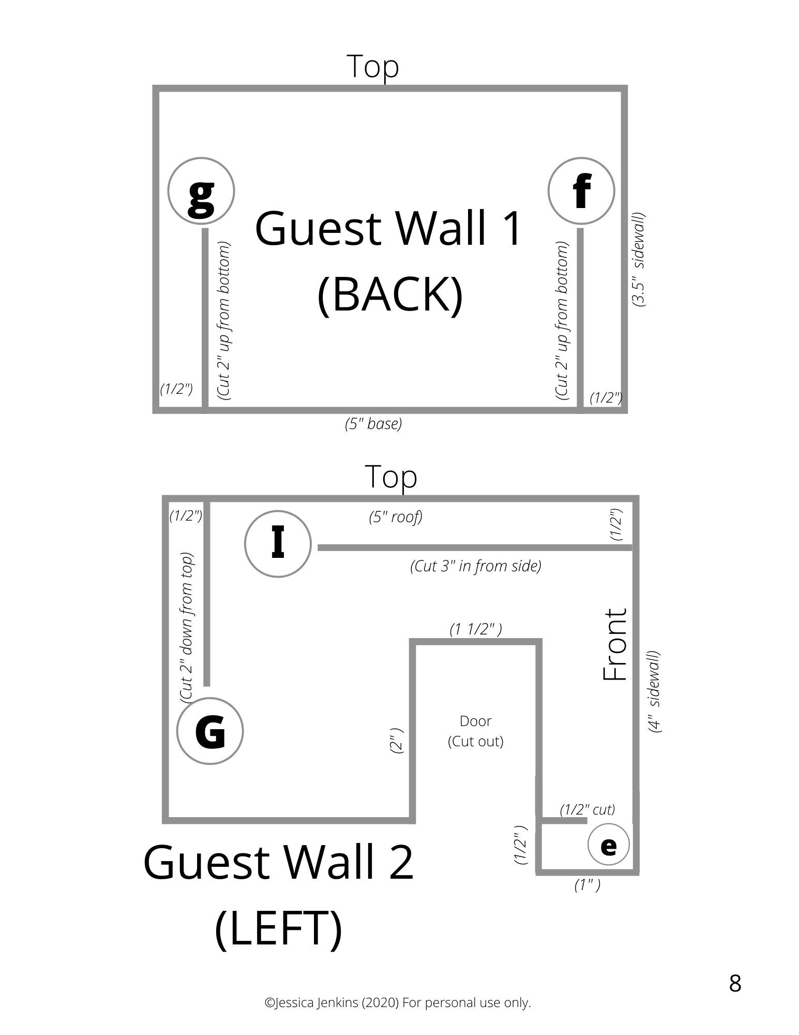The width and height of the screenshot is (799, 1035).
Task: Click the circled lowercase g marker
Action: [x=201, y=191]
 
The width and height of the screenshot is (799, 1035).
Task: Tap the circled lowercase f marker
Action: [x=581, y=191]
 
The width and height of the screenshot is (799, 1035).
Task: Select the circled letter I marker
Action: [x=278, y=544]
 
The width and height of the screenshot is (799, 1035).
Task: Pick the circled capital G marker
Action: [x=210, y=731]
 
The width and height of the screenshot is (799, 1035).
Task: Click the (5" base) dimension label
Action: [x=373, y=424]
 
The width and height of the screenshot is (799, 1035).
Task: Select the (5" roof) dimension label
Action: [x=396, y=516]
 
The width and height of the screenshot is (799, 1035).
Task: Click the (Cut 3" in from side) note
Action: [x=476, y=566]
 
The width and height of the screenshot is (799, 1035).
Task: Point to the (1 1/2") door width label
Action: [x=476, y=629]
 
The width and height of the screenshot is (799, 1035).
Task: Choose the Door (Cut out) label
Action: [x=475, y=731]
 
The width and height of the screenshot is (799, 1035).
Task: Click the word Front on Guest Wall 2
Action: [x=615, y=645]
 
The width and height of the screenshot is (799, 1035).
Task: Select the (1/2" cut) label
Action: [x=587, y=809]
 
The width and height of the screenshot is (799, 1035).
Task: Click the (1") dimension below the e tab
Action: [x=587, y=885]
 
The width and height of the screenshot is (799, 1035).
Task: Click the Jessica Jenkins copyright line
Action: [x=398, y=1002]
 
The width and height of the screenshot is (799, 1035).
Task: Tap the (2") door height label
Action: [x=397, y=740]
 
